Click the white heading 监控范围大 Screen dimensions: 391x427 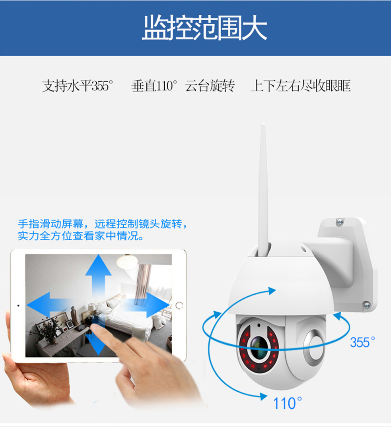204,28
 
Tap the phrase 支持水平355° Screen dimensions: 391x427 78,86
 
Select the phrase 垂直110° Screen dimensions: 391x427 154,86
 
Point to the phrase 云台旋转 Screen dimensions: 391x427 210,86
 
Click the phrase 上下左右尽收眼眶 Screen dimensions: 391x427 301,86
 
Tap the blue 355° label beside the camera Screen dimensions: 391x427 362,342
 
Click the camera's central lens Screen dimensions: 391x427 259,347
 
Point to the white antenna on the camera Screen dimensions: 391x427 263,190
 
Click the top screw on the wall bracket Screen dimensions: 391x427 340,222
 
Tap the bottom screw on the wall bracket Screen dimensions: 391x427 367,305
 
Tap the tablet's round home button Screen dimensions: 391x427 179,305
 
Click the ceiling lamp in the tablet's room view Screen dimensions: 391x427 127,261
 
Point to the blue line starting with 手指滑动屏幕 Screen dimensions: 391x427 103,224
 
